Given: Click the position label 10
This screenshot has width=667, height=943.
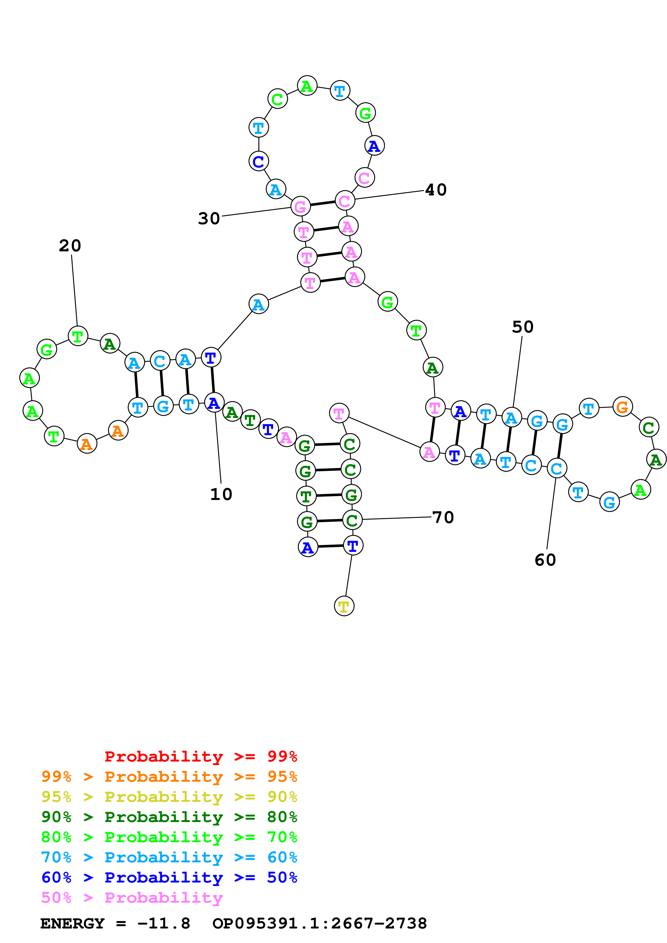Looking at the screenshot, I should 221,494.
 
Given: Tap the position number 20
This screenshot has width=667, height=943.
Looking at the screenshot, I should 70,246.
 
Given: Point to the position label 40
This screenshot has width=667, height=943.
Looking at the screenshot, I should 436,190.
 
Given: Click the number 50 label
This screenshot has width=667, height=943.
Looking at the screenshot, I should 522,327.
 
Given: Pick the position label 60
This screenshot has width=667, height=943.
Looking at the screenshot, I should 545,560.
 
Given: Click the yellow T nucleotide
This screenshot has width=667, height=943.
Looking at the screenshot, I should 344,606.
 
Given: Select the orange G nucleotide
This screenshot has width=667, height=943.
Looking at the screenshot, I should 622,407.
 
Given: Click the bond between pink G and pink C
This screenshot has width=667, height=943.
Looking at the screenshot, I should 323,203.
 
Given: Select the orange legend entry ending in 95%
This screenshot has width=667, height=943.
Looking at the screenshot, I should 169,777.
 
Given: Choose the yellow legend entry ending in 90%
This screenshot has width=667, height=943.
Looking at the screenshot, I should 169,797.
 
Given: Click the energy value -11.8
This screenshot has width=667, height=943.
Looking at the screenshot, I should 164,923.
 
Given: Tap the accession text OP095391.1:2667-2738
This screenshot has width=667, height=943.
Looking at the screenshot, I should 319,923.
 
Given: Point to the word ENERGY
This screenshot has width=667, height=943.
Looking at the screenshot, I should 72,923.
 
